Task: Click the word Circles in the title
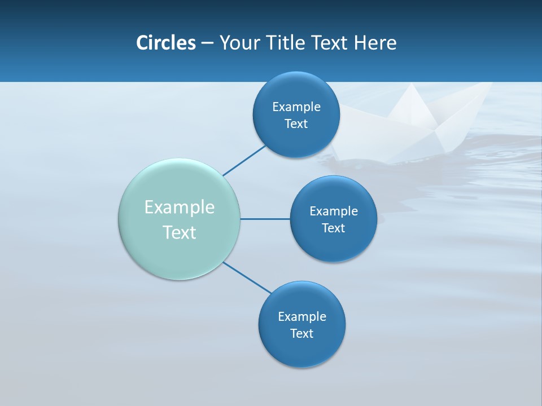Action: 166,43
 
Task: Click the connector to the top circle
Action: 244,161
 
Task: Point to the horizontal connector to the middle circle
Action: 265,219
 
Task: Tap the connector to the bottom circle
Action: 247,277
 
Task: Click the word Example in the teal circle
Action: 180,208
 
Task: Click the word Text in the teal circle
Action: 180,232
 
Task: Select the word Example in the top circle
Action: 296,107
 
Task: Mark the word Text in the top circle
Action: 296,123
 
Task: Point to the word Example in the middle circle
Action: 334,211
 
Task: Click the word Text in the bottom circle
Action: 301,333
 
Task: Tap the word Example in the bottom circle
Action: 302,316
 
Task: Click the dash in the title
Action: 207,43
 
